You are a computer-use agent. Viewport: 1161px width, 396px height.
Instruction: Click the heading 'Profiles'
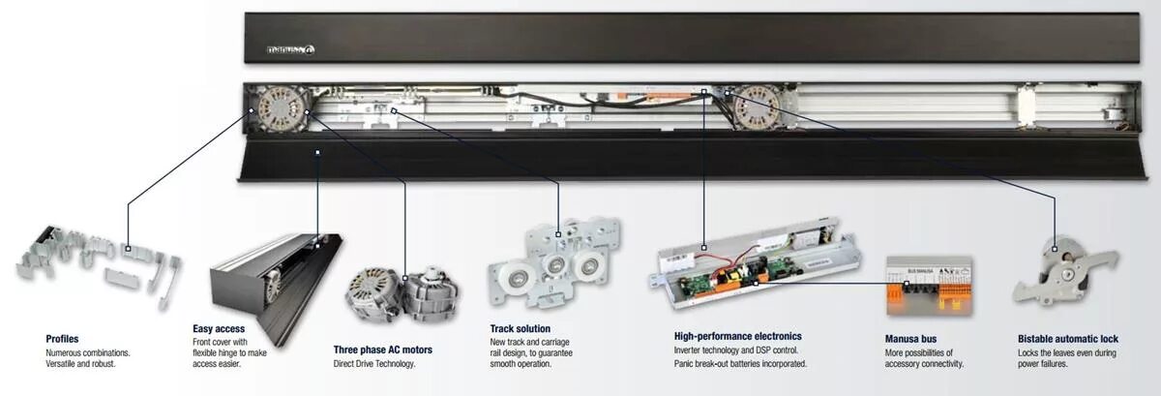[62, 339]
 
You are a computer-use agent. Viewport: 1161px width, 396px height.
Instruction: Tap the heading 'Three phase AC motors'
[382, 350]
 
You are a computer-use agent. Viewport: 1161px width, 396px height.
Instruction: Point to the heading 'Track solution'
[521, 329]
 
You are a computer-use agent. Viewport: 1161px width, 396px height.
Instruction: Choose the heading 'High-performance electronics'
[737, 336]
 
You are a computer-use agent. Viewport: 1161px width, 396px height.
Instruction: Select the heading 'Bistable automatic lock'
[1067, 340]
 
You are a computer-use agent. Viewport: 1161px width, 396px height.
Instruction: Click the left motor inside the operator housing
[279, 107]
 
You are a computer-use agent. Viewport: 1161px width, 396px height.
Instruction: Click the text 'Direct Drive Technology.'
[373, 364]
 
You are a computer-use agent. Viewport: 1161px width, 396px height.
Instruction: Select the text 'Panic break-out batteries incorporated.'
[740, 364]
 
